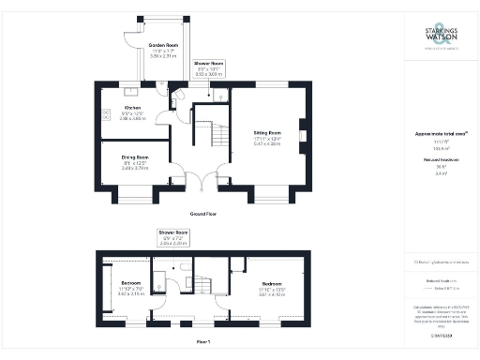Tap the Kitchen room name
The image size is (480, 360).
(131, 108)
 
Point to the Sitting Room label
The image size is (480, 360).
(267, 134)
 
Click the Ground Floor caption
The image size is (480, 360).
(203, 215)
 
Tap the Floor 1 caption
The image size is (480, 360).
(203, 343)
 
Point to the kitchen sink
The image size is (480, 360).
(128, 91)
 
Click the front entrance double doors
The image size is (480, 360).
(203, 178)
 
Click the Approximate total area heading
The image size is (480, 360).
(440, 134)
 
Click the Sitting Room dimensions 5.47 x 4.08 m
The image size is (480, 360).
(267, 144)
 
